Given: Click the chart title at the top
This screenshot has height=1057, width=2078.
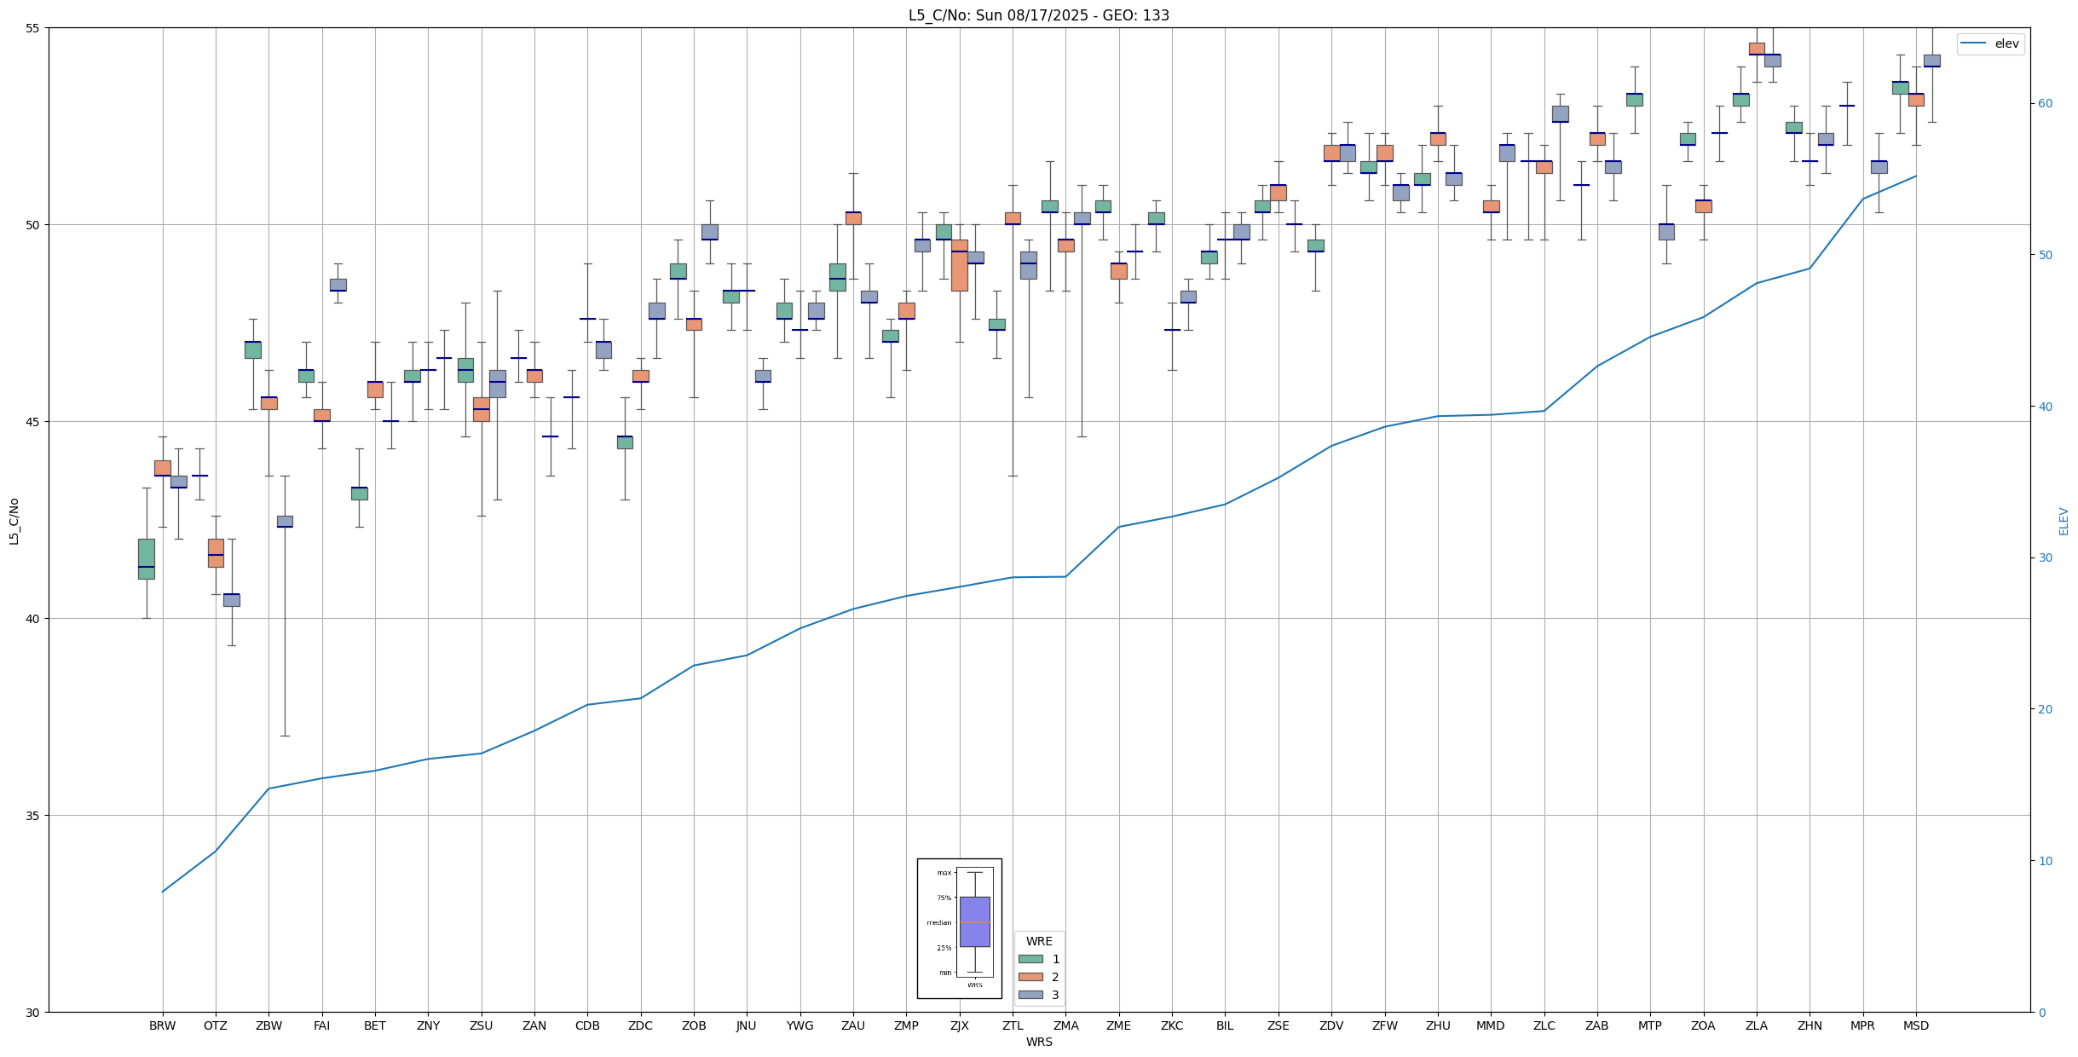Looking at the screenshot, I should (1038, 15).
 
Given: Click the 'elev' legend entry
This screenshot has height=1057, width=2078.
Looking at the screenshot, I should (2006, 44).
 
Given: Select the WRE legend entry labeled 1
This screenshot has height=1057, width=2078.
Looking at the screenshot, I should (1055, 959).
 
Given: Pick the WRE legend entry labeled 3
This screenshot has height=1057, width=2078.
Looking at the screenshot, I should (1055, 995).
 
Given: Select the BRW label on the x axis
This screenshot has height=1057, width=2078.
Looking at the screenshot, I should (162, 1026).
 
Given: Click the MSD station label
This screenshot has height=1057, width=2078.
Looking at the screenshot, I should (1916, 1026).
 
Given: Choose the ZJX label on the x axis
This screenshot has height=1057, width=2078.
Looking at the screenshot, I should (960, 1026).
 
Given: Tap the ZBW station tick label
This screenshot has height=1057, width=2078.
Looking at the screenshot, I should (268, 1026).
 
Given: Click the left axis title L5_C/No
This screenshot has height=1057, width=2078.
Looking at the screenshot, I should (14, 521).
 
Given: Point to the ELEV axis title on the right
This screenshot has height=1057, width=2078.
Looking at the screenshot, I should (2064, 521).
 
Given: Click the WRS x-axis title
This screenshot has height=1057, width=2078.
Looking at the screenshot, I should (1039, 1042).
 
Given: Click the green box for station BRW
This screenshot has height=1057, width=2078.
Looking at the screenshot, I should (147, 558).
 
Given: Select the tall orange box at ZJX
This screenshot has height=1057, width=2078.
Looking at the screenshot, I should (960, 265).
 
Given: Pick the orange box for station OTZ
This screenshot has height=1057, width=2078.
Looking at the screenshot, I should (216, 552).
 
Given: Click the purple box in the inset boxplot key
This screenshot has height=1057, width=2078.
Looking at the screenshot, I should (974, 921).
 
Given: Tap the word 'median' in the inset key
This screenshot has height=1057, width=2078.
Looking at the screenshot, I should (938, 922).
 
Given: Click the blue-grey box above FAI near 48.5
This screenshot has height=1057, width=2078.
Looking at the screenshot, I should (338, 285).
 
